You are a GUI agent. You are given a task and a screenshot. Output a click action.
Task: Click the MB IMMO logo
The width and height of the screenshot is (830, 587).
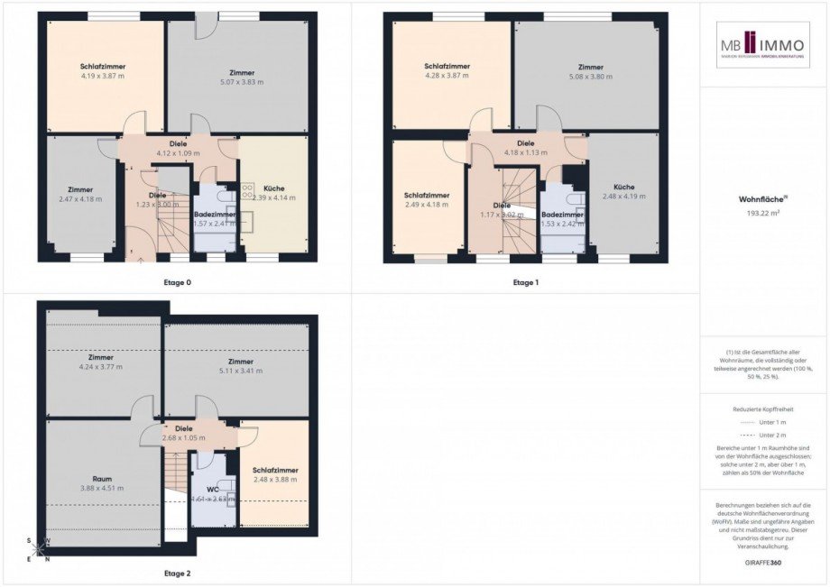[763, 45]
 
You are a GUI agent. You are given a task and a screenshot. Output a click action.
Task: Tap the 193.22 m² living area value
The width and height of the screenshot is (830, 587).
[763, 215]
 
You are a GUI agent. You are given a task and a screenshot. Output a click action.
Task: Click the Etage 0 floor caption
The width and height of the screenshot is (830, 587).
[177, 282]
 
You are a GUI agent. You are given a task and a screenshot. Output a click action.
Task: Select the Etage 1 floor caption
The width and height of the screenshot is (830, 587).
[526, 282]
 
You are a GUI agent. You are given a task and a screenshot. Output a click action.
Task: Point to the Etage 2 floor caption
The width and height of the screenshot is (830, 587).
[177, 573]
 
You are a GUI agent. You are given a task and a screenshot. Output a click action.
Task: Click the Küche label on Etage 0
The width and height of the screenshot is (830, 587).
[274, 188]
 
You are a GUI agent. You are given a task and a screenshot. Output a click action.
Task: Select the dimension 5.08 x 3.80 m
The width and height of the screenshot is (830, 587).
[591, 77]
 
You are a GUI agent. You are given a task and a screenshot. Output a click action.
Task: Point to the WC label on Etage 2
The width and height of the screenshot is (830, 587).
[214, 488]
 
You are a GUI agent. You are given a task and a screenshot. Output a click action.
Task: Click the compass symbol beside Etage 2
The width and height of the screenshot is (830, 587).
[38, 549]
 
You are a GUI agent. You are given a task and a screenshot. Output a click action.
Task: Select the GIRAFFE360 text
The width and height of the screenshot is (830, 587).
[763, 563]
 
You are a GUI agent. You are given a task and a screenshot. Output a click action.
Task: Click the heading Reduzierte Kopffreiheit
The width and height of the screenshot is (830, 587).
[763, 408]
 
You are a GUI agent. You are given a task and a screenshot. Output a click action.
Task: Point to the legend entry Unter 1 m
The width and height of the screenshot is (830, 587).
[763, 422]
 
